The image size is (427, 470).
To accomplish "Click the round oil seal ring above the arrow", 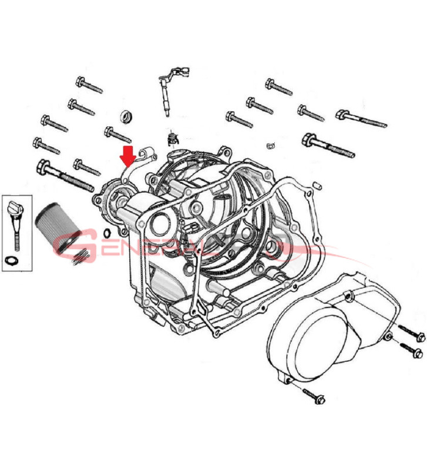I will [x=126, y=116].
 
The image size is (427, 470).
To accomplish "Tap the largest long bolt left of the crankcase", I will [x=65, y=176].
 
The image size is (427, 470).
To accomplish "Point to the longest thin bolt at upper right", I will [x=361, y=117].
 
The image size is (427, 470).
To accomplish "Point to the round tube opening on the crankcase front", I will [x=160, y=224].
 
